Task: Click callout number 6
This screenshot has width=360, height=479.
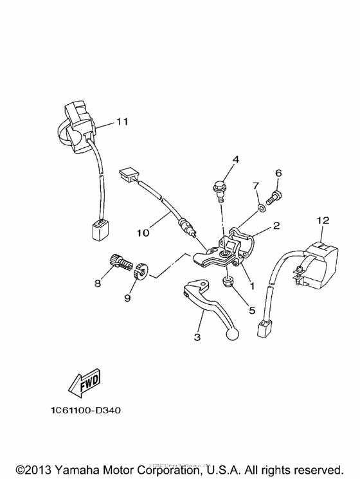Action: (278, 173)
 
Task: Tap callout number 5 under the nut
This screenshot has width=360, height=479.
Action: (252, 309)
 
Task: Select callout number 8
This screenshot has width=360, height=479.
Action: (98, 282)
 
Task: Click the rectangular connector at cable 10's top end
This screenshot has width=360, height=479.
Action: (129, 174)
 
